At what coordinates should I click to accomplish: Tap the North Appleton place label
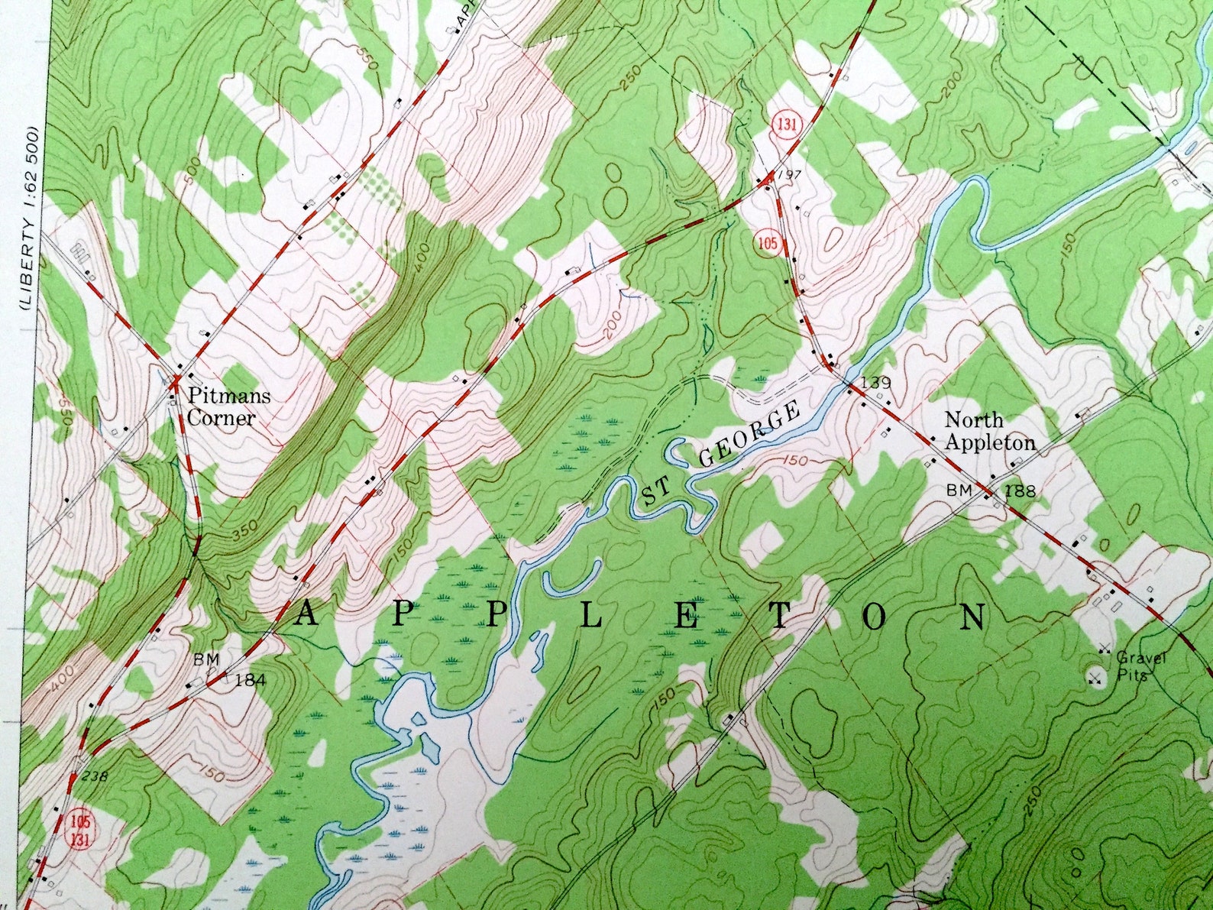(x=989, y=431)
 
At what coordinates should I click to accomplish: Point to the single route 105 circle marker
(x=769, y=244)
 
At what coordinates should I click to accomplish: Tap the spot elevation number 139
(x=875, y=382)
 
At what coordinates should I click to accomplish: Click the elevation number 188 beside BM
(x=1021, y=491)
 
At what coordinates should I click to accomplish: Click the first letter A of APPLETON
(x=307, y=615)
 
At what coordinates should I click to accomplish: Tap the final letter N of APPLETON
(x=972, y=616)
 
